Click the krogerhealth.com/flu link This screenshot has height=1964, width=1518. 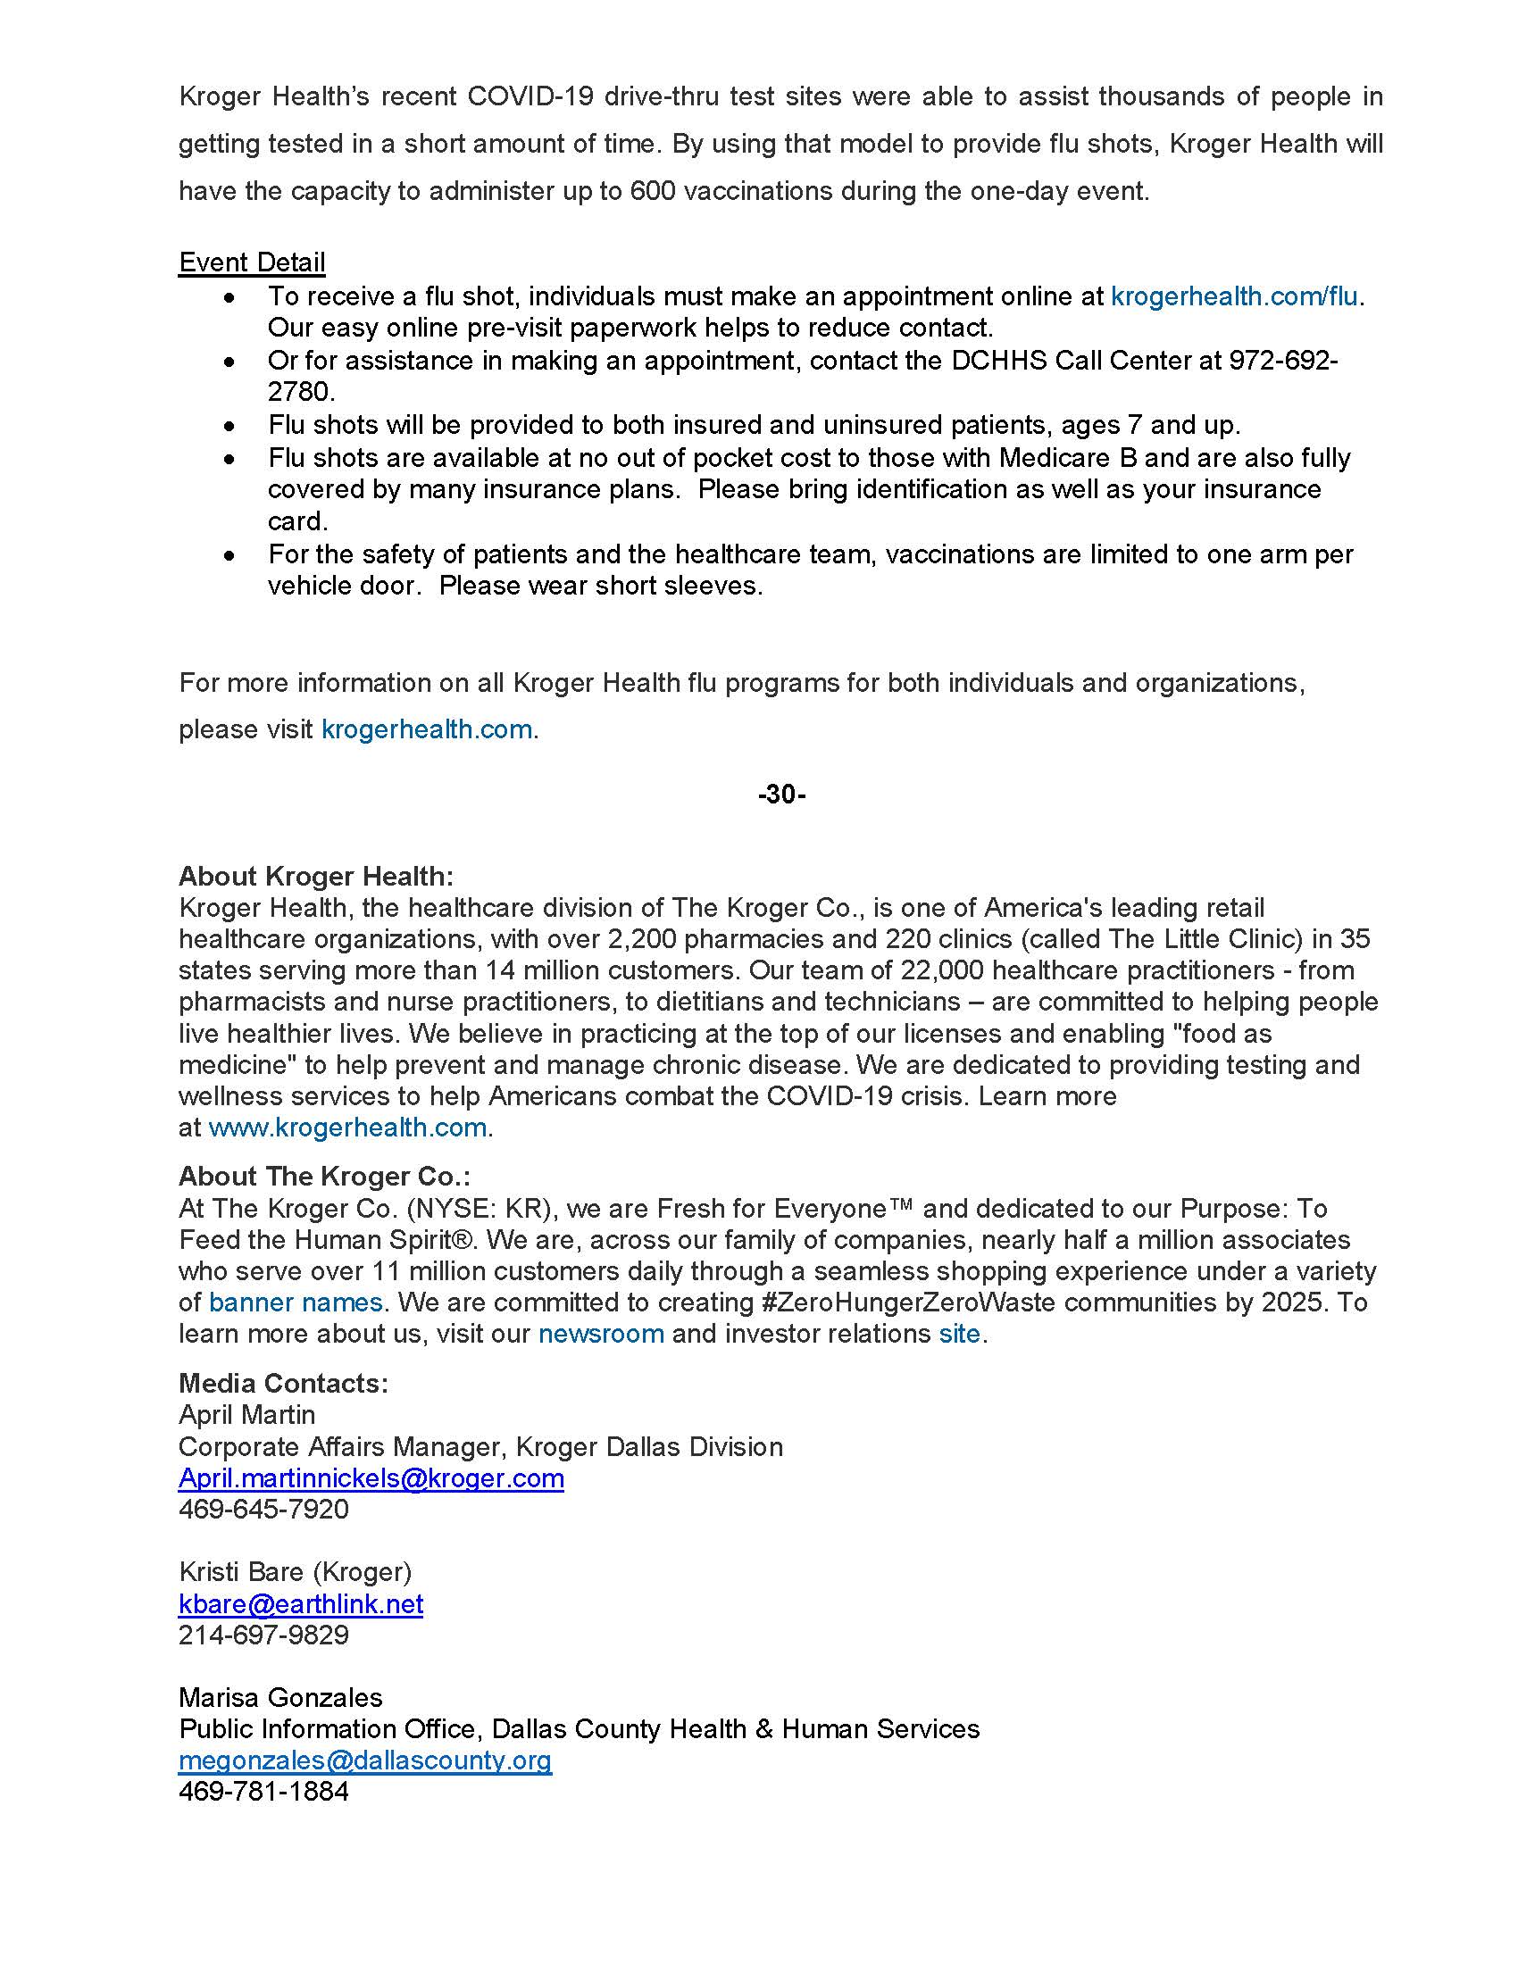tap(1234, 295)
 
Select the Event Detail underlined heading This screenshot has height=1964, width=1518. tap(252, 262)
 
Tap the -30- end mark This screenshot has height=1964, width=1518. tap(780, 794)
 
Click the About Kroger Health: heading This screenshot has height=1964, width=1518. tap(315, 876)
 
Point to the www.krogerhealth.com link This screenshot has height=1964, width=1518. tap(347, 1127)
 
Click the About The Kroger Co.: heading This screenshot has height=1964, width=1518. tap(324, 1177)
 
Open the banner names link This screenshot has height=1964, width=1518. tap(296, 1302)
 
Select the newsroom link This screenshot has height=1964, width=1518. tap(601, 1334)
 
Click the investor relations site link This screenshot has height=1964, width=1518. tap(959, 1334)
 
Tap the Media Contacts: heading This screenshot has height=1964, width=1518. tap(283, 1383)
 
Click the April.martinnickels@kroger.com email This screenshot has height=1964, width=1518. tap(371, 1478)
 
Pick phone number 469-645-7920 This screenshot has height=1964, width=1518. tap(263, 1509)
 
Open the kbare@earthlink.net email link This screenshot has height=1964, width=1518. tap(300, 1604)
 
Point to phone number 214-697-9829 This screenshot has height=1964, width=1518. tap(263, 1635)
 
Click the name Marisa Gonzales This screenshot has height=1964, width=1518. tap(280, 1698)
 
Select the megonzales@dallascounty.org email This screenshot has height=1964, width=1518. tap(364, 1760)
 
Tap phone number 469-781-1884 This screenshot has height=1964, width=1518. tap(263, 1792)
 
